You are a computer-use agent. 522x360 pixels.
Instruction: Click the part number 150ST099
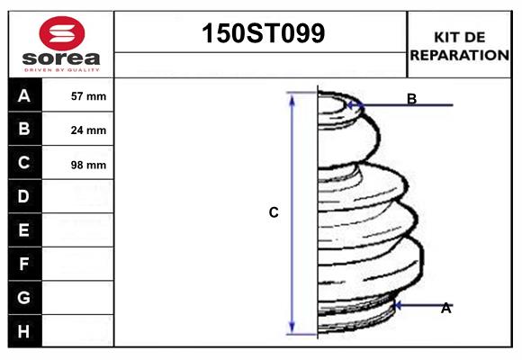coord(261,34)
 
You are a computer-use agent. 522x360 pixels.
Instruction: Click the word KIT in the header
coord(446,37)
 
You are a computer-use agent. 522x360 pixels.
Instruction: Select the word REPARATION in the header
coord(460,55)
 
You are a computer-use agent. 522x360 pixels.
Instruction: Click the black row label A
coord(24,95)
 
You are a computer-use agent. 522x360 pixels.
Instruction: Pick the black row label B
coord(24,129)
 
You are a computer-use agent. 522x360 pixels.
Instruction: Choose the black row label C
coord(24,163)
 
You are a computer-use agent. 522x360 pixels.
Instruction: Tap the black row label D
coord(24,196)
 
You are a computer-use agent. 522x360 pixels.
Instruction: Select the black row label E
coord(24,230)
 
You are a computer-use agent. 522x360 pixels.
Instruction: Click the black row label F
coord(24,265)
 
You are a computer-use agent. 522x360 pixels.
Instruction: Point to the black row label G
coord(24,297)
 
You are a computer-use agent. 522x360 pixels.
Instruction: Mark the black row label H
coord(24,331)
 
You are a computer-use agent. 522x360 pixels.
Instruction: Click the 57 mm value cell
coord(88,96)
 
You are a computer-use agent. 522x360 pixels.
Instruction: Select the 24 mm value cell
coord(88,130)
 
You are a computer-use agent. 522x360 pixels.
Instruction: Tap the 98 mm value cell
coord(88,165)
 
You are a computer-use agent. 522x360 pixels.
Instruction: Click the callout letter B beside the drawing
coord(411,99)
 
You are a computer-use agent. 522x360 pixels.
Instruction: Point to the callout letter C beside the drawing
coord(274,213)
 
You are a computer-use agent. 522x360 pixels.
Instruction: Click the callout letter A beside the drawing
coord(445,308)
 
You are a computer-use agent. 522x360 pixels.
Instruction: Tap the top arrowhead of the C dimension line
coord(292,96)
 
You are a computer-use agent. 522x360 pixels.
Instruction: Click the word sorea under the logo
coord(62,58)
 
